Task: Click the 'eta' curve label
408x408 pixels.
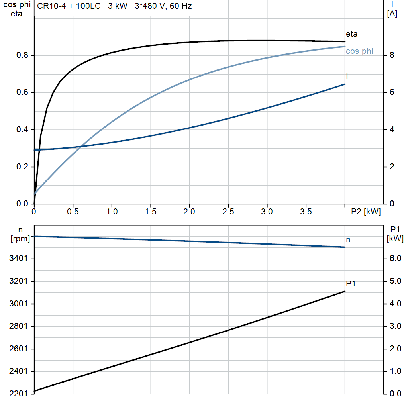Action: tap(351, 34)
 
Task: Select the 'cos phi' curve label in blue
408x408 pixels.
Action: tap(359, 51)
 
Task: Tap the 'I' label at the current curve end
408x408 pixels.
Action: tap(347, 76)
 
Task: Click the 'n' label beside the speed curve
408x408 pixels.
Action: tap(348, 239)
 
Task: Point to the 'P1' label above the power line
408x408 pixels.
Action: tap(351, 284)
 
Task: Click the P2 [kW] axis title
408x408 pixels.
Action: tap(366, 212)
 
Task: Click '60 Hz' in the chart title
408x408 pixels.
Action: tap(180, 7)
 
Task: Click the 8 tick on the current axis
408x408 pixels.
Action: tap(392, 56)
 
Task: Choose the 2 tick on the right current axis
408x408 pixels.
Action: tap(392, 167)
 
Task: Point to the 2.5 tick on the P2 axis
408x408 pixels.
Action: tap(228, 212)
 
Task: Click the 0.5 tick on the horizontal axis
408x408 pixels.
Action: tap(73, 212)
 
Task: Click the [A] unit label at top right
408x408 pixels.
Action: tap(392, 14)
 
